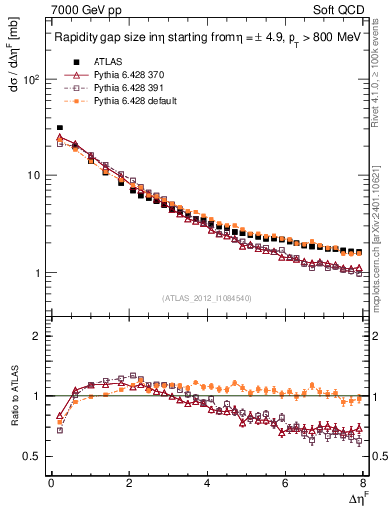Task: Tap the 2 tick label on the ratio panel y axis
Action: [x=37, y=336]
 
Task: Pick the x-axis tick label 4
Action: [x=207, y=483]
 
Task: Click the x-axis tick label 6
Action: [x=286, y=483]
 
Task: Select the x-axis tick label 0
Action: [x=51, y=483]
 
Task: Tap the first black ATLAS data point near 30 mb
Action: [x=60, y=127]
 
